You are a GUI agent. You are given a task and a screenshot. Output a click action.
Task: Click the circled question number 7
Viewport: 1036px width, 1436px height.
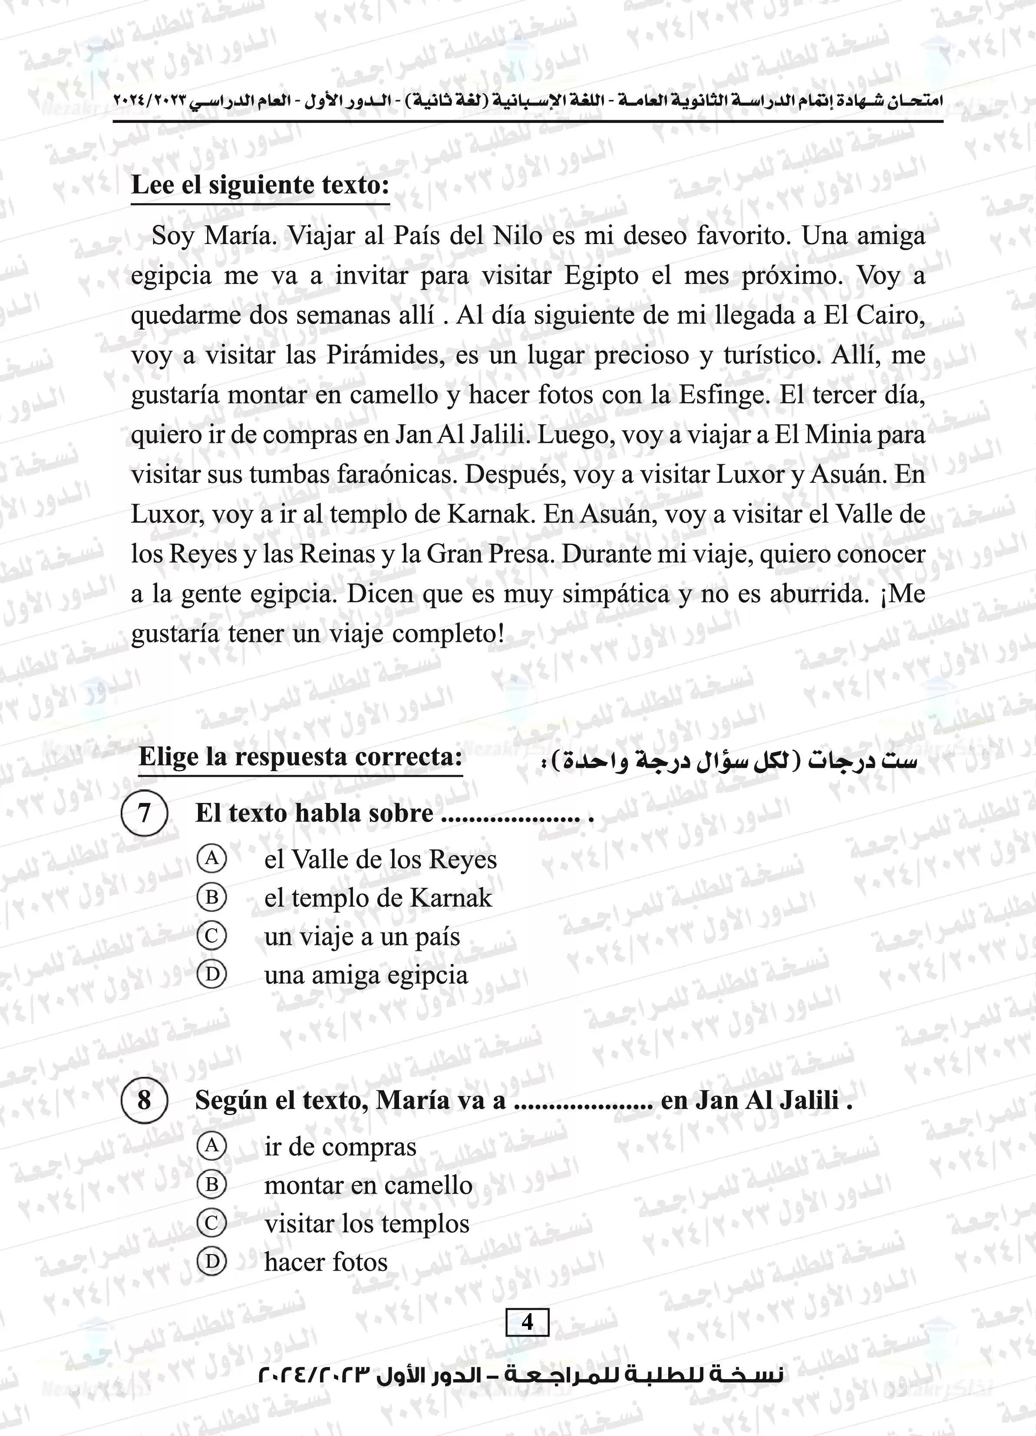click(x=145, y=812)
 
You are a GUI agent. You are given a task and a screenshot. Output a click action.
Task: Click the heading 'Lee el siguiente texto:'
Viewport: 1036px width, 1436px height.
click(x=260, y=185)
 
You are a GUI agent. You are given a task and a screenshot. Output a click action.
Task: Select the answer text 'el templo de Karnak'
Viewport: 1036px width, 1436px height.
click(x=378, y=898)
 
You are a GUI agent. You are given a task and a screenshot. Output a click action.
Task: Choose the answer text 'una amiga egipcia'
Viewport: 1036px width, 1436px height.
click(x=366, y=975)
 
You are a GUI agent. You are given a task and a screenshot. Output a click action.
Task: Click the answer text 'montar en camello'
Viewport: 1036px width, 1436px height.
click(x=368, y=1185)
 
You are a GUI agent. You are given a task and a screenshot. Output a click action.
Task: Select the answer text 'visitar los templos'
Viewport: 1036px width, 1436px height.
click(x=366, y=1224)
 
